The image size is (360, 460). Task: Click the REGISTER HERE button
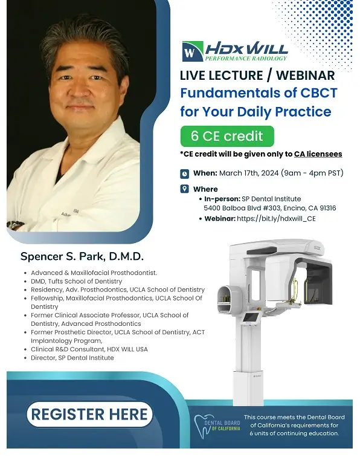(x=89, y=414)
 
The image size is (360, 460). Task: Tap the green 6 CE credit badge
(x=227, y=136)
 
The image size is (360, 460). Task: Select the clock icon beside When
(x=184, y=173)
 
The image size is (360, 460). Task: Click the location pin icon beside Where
(x=184, y=189)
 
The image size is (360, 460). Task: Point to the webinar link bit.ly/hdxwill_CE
(x=276, y=219)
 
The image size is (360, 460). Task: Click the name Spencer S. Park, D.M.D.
(x=82, y=256)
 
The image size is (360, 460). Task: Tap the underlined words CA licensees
(x=318, y=154)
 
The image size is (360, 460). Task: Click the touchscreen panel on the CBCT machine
(x=252, y=317)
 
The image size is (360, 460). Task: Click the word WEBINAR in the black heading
(x=305, y=76)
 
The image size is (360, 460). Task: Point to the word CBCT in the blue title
(x=319, y=92)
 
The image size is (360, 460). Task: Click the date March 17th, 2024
(x=249, y=173)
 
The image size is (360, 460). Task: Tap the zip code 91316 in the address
(x=328, y=208)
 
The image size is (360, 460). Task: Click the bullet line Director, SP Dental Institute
(x=72, y=358)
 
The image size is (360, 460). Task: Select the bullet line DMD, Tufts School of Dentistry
(x=77, y=281)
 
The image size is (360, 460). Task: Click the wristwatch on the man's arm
(x=14, y=225)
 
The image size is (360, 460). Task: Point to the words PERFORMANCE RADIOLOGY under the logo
(x=246, y=59)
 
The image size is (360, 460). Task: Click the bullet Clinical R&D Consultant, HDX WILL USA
(x=89, y=349)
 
